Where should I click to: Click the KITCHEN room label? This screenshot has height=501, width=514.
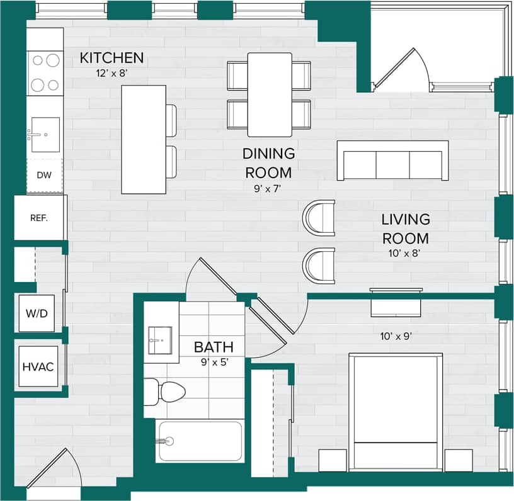111,58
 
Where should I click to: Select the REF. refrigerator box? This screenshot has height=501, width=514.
40,218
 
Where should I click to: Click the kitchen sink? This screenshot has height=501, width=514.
45,134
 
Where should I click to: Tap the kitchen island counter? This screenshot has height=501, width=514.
144,139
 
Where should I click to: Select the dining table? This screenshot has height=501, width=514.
270,94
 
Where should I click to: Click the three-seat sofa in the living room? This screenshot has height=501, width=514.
392,161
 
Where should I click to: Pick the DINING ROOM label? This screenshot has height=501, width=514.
269,163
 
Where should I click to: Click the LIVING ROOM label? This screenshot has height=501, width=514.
406,229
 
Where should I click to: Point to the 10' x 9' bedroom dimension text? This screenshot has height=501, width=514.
395,336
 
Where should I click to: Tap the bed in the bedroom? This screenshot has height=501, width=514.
396,412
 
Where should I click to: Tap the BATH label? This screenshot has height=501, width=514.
214,347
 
